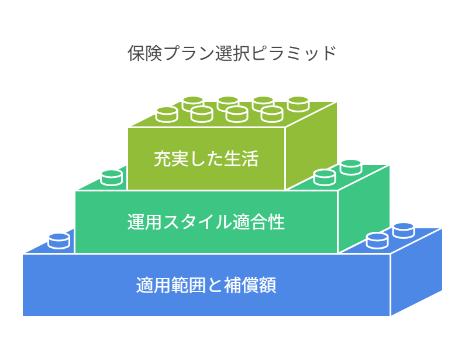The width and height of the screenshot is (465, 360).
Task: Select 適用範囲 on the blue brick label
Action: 169,285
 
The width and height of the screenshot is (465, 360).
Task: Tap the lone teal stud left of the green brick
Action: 111,177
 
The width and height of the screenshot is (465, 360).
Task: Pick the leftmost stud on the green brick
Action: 167,114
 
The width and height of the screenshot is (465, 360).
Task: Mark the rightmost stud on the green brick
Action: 298,104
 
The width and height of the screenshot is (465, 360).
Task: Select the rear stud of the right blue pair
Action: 404,230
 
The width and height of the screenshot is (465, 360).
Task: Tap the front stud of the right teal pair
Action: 324,177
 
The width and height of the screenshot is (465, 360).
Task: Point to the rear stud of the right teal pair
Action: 351,167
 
